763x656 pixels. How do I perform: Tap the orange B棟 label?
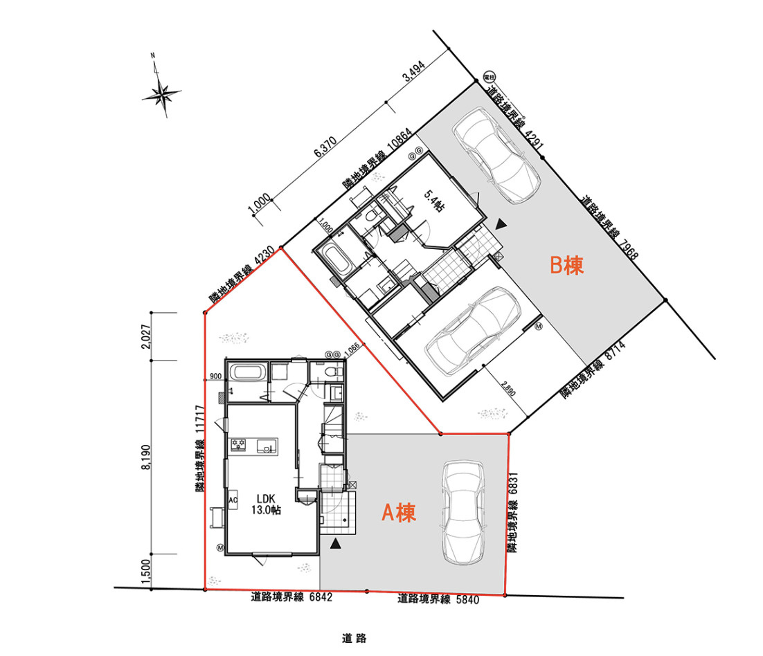566,266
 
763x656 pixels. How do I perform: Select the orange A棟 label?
399,513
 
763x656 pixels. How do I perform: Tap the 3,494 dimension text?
413,75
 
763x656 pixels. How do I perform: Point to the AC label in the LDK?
233,500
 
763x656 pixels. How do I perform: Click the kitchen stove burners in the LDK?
240,444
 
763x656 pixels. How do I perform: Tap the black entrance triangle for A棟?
336,544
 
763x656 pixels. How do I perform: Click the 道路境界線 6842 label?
291,597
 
